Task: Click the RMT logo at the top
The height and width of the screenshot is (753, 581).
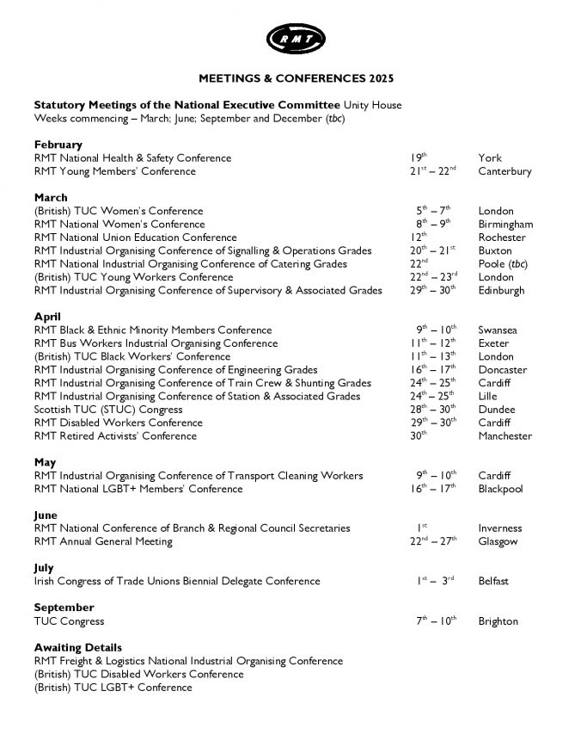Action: (296, 38)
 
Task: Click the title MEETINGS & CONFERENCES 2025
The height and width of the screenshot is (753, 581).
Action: (296, 78)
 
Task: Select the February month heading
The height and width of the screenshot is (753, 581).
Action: (58, 145)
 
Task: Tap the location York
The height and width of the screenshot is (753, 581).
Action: (490, 158)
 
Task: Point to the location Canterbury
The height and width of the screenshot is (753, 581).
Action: (505, 171)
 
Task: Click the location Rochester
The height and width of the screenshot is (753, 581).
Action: (502, 238)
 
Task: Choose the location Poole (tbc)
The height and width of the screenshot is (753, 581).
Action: (503, 264)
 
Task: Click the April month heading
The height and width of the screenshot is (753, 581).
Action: (47, 317)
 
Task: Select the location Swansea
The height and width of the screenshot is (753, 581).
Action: (498, 330)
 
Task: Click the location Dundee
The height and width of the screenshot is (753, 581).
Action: (497, 410)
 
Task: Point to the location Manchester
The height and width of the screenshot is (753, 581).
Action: (505, 436)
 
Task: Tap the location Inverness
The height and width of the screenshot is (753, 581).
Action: (500, 528)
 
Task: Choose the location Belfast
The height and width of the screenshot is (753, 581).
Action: (493, 582)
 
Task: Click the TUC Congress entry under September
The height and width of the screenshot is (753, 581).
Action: (69, 621)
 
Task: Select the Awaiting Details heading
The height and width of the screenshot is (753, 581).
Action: (77, 647)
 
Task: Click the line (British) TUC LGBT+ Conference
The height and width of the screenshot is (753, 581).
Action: (113, 688)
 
